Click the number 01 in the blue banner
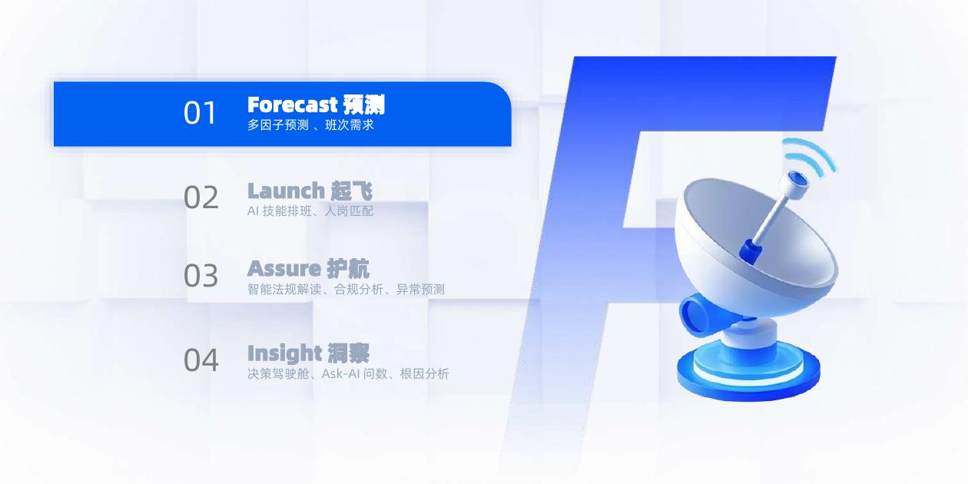tap(201, 113)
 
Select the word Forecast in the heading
tap(293, 104)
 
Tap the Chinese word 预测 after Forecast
tap(364, 104)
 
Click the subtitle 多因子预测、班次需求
tap(310, 124)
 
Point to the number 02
tap(201, 197)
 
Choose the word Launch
tap(286, 190)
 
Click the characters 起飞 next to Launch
tap(352, 190)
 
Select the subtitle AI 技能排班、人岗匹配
tap(310, 211)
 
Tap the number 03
tap(201, 276)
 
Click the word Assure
tap(283, 269)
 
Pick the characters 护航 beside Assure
tap(348, 269)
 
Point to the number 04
tap(201, 360)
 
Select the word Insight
tap(284, 353)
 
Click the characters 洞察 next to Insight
tap(348, 353)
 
